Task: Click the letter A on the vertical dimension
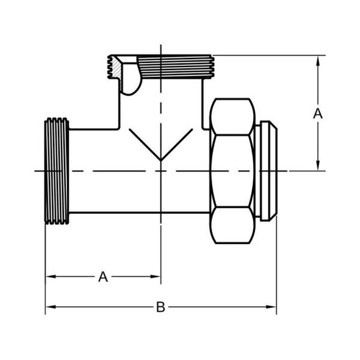[x=317, y=113]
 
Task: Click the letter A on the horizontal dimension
[x=103, y=277]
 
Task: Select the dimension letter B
[x=160, y=307]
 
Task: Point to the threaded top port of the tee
[x=177, y=65]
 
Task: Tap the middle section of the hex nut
[x=232, y=171]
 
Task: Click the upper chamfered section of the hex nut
[x=232, y=116]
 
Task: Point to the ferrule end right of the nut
[x=267, y=171]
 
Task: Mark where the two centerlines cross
[x=160, y=171]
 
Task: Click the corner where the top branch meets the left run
[x=118, y=129]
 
